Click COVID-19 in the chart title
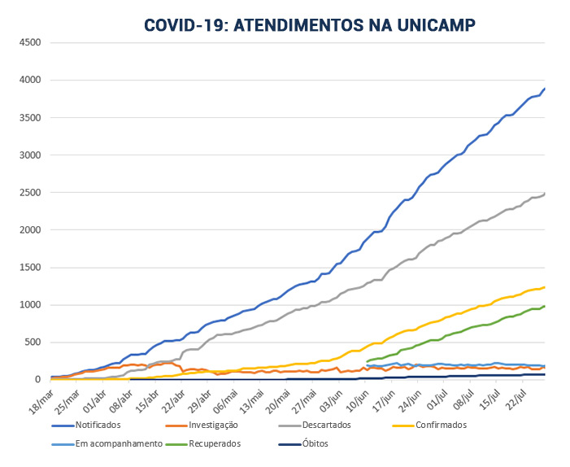coord(184,24)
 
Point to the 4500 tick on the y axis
coord(29,42)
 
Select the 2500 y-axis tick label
coord(29,193)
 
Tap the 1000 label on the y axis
coord(29,305)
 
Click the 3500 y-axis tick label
coord(29,117)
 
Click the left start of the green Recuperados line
coord(368,361)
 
